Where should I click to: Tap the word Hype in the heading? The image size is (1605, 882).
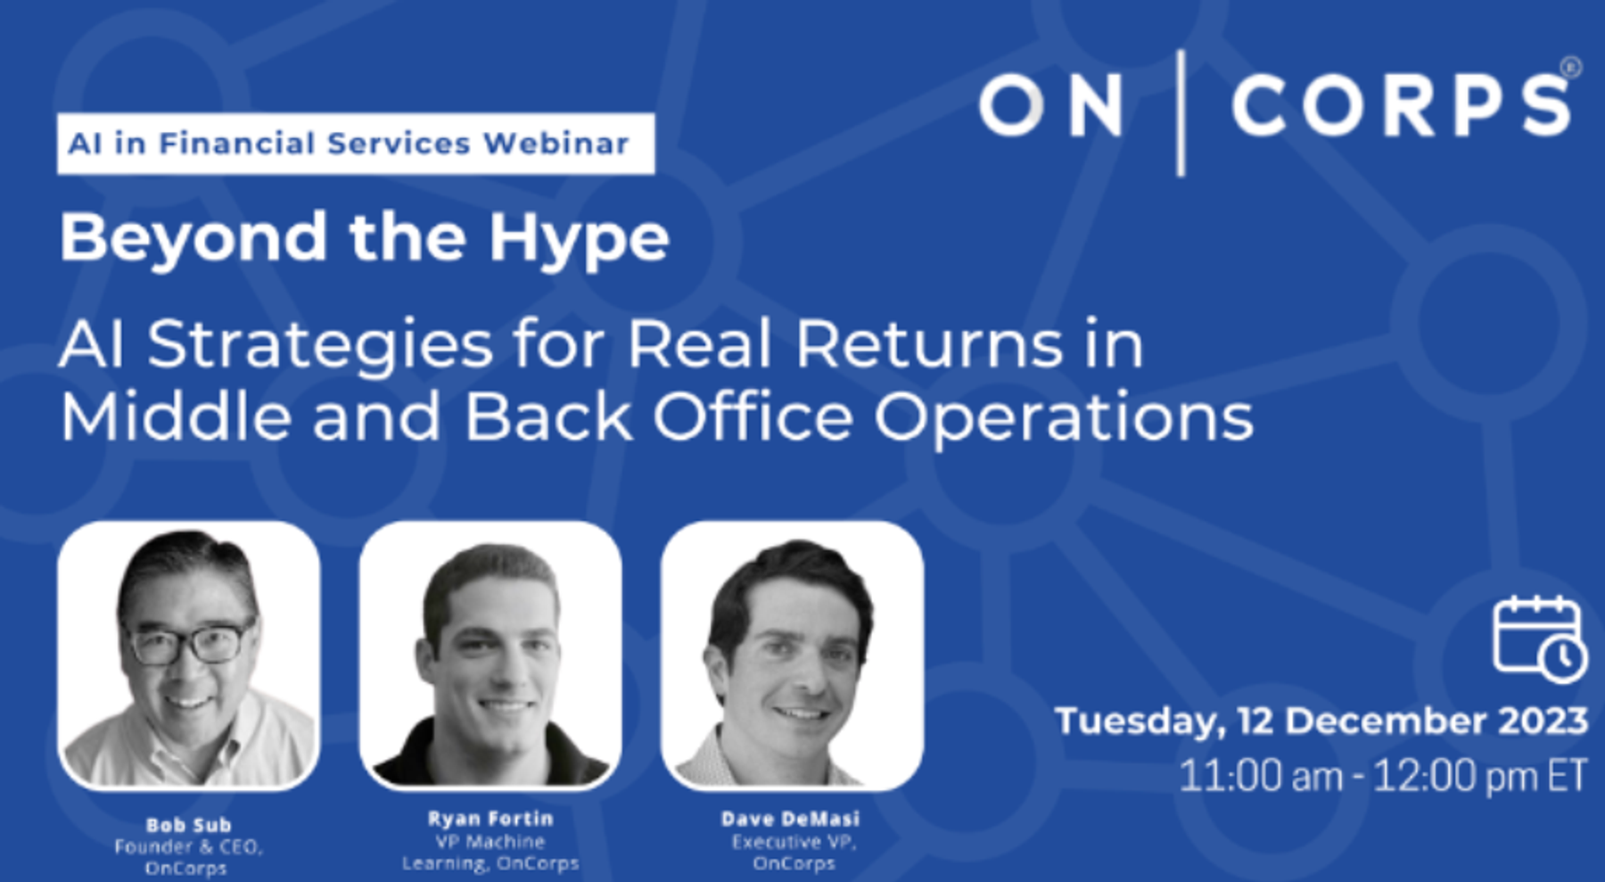coord(579,240)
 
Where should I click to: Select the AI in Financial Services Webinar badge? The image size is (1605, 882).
coord(356,144)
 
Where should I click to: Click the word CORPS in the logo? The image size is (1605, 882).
coord(1402,105)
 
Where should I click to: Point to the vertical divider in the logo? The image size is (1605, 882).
coord(1181,113)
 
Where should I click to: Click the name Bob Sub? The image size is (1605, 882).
coord(188,825)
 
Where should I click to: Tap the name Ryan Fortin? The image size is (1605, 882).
coord(490,819)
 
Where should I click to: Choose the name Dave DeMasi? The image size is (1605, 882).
coord(791,819)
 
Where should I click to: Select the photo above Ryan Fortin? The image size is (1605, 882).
coord(490,655)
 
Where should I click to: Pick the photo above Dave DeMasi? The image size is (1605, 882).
coord(792,655)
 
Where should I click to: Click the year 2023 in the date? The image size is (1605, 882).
coord(1543,721)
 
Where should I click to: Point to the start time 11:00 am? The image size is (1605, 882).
coord(1261,776)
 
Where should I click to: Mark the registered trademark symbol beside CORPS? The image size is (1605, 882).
coord(1571,68)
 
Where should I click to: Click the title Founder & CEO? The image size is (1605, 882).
coord(188,846)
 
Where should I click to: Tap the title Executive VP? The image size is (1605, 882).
coord(794,842)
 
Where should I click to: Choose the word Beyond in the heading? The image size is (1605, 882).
coord(193,238)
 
